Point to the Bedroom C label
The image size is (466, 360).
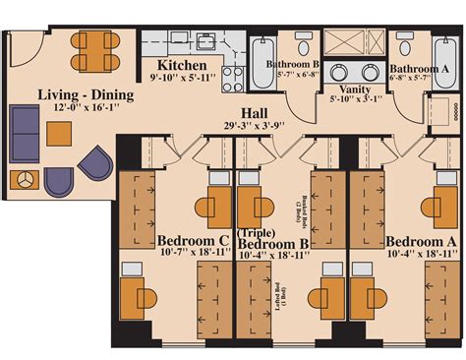tap(194, 239)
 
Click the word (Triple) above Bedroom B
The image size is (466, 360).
tap(256, 232)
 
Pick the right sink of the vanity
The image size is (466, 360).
tap(371, 71)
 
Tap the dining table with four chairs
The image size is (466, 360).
tap(94, 52)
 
